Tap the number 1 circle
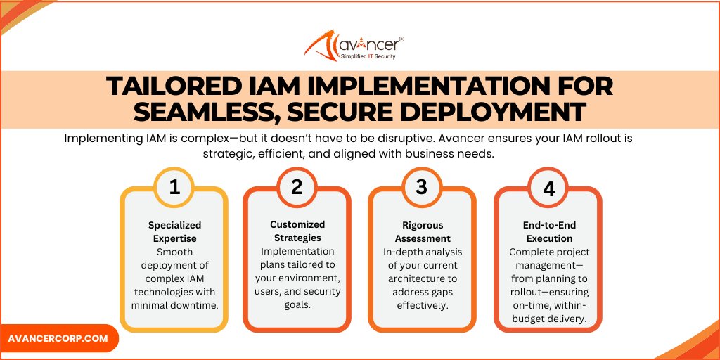pyautogui.click(x=174, y=187)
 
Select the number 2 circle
pyautogui.click(x=297, y=187)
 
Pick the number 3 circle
pyautogui.click(x=421, y=187)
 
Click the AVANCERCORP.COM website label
pyautogui.click(x=58, y=338)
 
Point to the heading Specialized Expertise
pyautogui.click(x=174, y=232)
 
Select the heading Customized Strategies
pyautogui.click(x=297, y=231)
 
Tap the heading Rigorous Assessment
pyautogui.click(x=421, y=232)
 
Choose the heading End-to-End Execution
pyautogui.click(x=548, y=232)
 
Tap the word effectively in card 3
pyautogui.click(x=421, y=305)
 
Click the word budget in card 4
pyautogui.click(x=524, y=319)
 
